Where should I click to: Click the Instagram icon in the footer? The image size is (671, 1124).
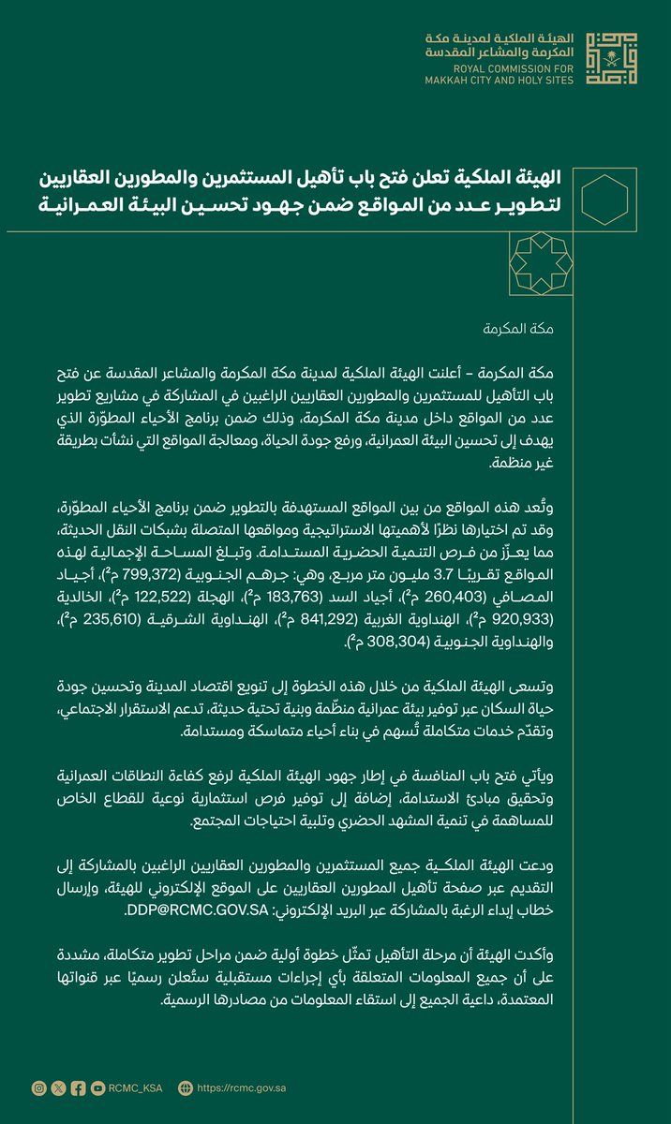coord(38,1087)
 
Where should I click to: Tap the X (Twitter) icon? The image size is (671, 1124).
coord(58,1087)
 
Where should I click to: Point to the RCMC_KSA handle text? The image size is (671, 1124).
coord(135,1087)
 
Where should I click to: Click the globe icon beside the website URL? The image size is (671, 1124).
coord(185,1087)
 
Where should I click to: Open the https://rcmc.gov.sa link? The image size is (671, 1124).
coord(245,1087)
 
